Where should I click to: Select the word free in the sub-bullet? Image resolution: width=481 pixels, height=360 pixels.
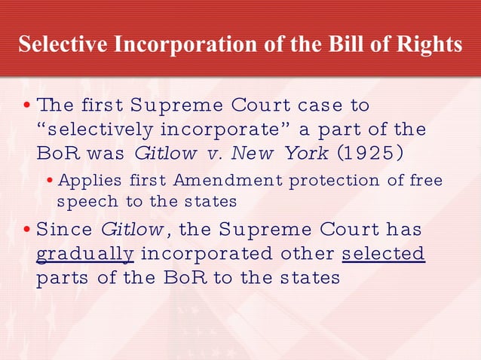click(426, 181)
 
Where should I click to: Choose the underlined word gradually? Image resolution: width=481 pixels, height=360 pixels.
click(85, 253)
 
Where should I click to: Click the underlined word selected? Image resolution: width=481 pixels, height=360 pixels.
click(383, 253)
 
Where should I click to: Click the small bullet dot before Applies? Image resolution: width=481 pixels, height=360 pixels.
click(50, 182)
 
